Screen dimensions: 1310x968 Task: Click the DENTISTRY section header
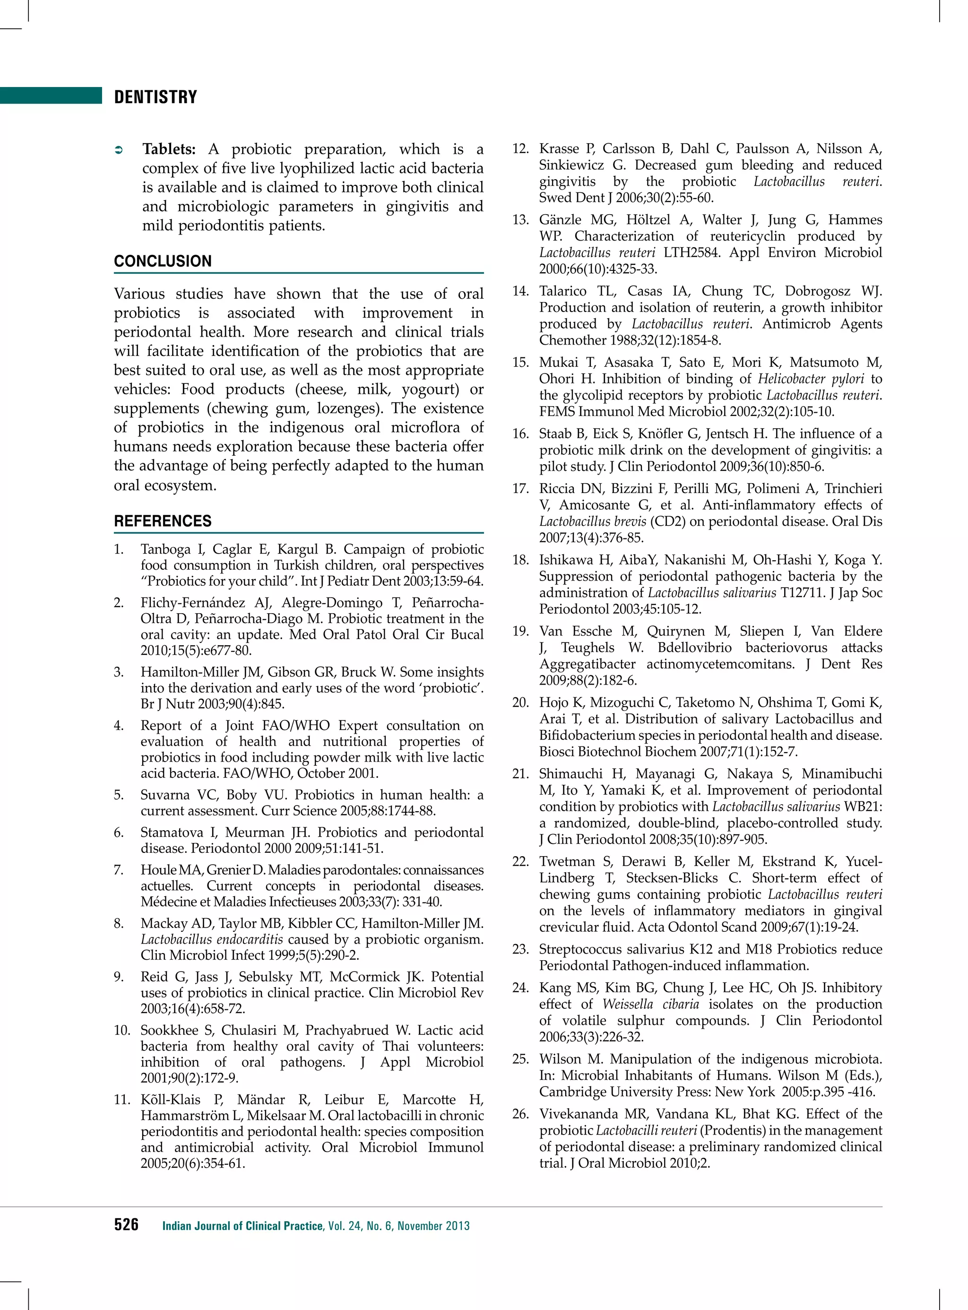pos(156,97)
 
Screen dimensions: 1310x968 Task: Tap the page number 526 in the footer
pos(126,1224)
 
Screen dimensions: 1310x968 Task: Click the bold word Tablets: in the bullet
pos(169,149)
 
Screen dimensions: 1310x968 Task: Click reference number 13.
pos(520,220)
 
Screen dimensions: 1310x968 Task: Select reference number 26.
pos(520,1114)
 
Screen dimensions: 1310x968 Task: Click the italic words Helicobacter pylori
pos(811,379)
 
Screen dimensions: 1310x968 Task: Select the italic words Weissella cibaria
pos(650,1004)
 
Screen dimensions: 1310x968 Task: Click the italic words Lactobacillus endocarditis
pos(212,939)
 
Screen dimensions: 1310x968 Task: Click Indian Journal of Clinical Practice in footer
pos(242,1225)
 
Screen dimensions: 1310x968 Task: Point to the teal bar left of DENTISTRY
pos(51,95)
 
